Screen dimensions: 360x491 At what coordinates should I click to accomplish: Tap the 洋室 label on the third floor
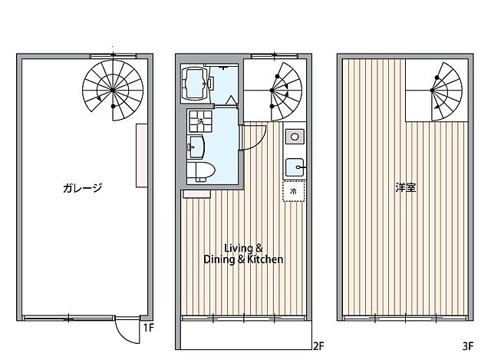406,187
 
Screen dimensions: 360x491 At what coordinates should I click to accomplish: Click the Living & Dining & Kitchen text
243,253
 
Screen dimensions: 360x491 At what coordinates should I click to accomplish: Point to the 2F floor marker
318,345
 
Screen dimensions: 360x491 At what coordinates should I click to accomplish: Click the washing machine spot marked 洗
200,121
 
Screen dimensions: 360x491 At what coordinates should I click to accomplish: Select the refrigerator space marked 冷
293,190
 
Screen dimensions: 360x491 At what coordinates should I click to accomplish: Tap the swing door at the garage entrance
125,331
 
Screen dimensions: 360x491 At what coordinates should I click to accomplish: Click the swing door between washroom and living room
252,138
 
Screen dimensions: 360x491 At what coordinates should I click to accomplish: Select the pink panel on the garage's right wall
142,155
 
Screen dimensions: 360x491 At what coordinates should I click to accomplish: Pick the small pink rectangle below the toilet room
196,195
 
